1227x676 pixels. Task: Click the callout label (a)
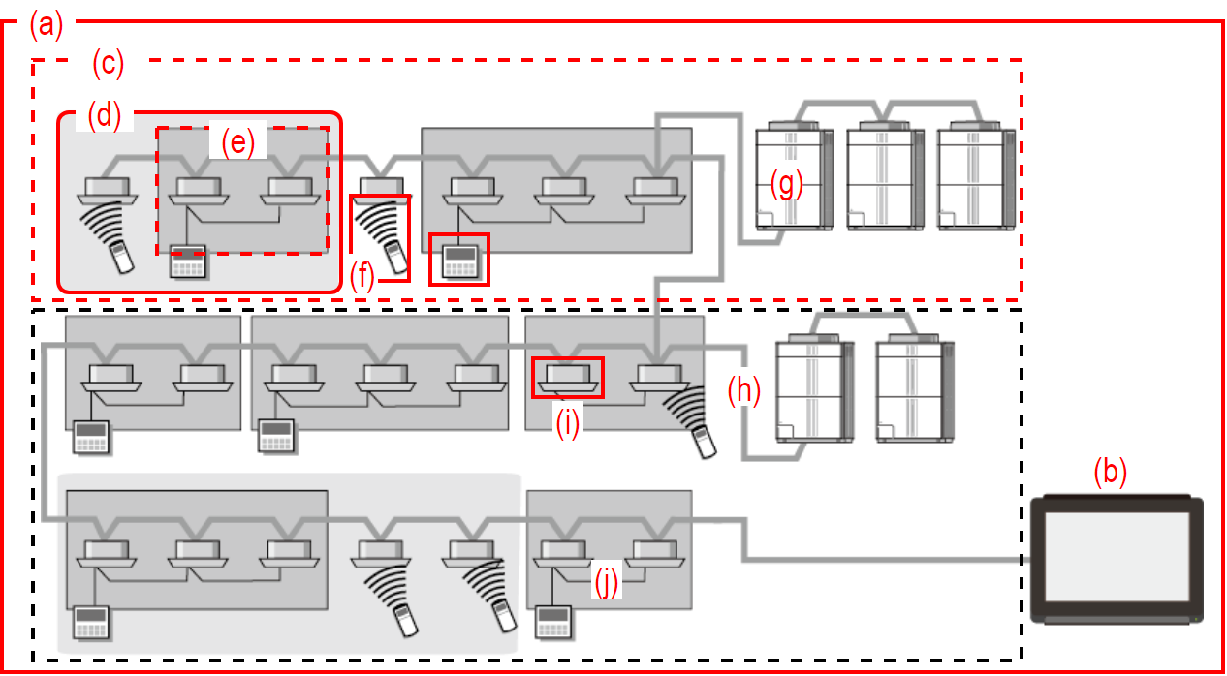46,24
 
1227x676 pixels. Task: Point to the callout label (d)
104,115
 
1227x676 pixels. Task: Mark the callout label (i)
567,423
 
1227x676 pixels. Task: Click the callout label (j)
607,584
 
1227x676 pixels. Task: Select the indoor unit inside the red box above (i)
568,377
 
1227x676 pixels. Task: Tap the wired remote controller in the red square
458,259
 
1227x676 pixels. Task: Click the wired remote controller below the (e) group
188,262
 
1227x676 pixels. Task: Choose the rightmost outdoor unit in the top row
974,174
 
